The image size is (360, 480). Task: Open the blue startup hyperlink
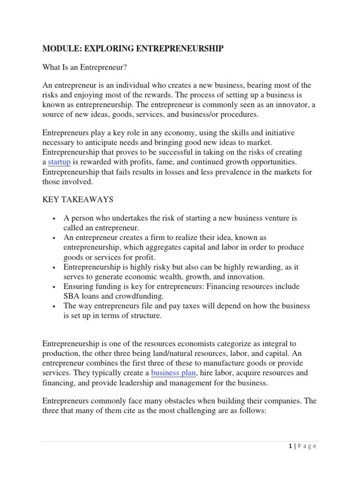click(59, 162)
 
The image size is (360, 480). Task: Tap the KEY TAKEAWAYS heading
click(78, 200)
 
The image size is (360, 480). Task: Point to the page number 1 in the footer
click(291, 446)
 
